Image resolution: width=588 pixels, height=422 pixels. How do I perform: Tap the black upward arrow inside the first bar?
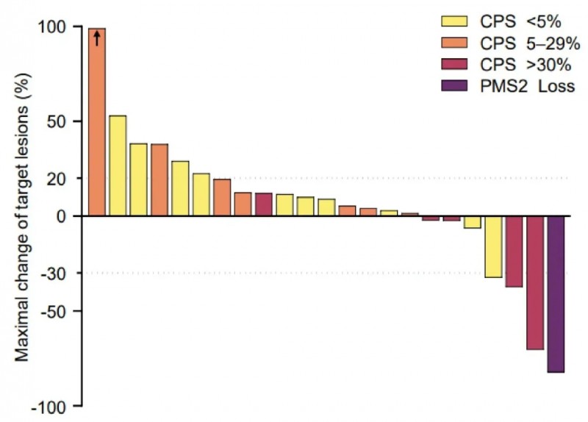[x=97, y=37]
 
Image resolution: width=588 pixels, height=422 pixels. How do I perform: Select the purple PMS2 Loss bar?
[x=556, y=294]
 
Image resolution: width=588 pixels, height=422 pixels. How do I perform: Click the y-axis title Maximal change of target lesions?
[x=22, y=217]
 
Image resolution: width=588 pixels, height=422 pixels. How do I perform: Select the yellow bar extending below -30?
[x=493, y=246]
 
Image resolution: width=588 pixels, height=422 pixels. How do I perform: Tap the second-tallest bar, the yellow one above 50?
[x=118, y=165]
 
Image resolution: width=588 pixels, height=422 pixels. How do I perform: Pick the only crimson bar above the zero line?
[x=264, y=204]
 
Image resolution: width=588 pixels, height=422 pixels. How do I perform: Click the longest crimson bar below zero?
[x=535, y=282]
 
